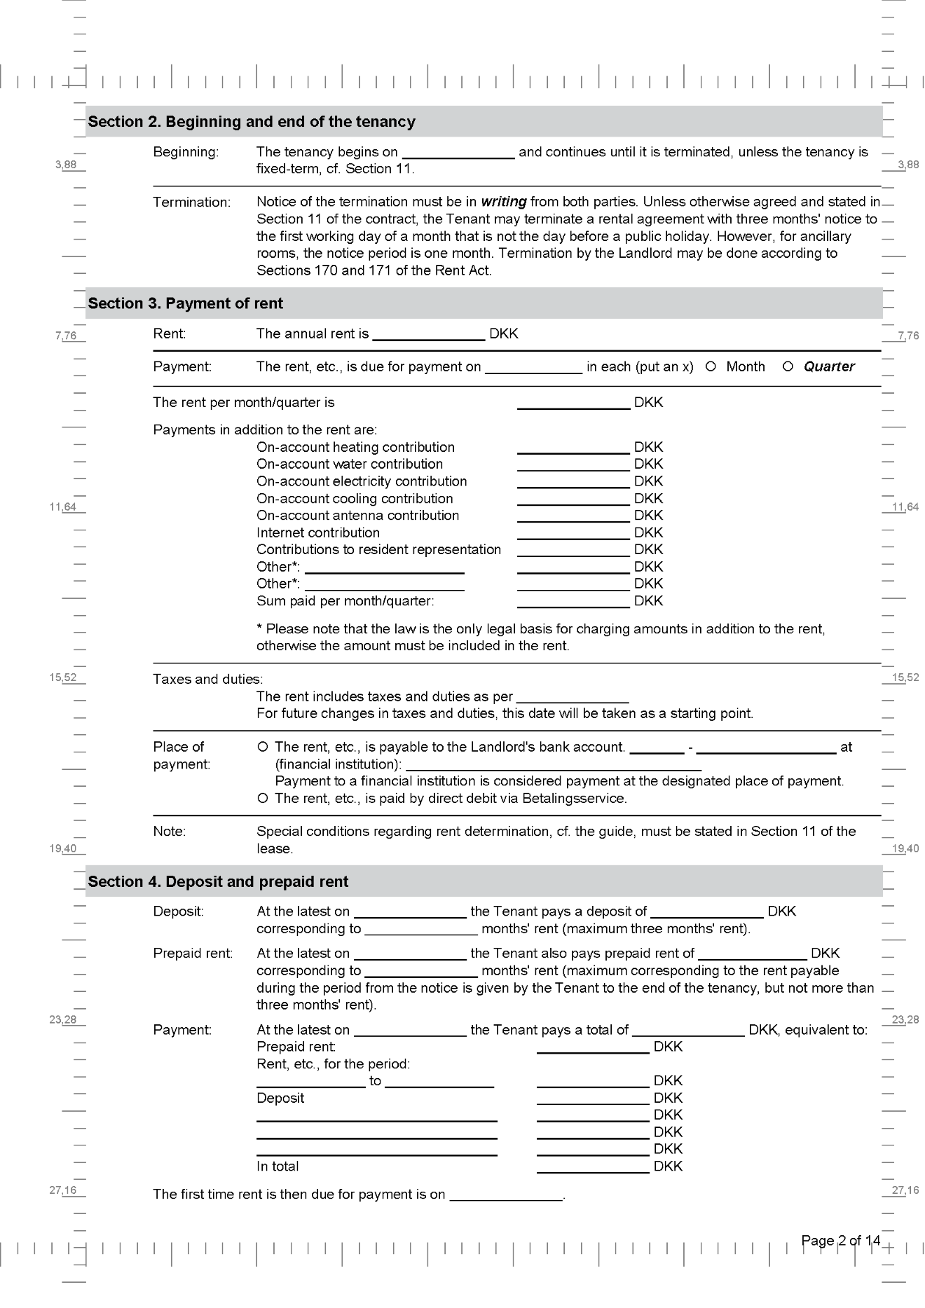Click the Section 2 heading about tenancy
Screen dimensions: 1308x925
click(x=251, y=122)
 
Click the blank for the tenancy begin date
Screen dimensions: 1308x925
click(x=458, y=153)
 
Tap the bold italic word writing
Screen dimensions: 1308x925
click(x=503, y=202)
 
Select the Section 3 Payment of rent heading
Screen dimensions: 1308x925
click(x=185, y=303)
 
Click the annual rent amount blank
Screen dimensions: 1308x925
click(x=428, y=334)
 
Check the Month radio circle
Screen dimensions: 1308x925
click(x=711, y=366)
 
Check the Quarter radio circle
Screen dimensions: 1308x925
click(x=788, y=366)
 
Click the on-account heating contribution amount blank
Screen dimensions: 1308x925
click(x=573, y=448)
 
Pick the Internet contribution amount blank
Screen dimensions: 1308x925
click(x=573, y=533)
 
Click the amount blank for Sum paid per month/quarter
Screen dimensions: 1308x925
click(x=573, y=601)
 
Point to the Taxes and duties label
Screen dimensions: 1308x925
click(x=207, y=680)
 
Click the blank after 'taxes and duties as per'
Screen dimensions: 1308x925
click(x=572, y=697)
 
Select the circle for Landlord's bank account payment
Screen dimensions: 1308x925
click(x=263, y=748)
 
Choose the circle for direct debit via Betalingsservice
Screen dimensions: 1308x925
click(x=263, y=799)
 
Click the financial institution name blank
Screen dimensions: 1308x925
click(x=554, y=764)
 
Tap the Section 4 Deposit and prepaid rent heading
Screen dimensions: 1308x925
click(x=217, y=882)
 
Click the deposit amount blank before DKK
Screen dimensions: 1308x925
click(x=706, y=912)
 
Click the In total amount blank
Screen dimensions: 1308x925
click(x=593, y=1166)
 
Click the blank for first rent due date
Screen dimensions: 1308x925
click(x=506, y=1195)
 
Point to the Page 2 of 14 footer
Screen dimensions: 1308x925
click(x=840, y=1241)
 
